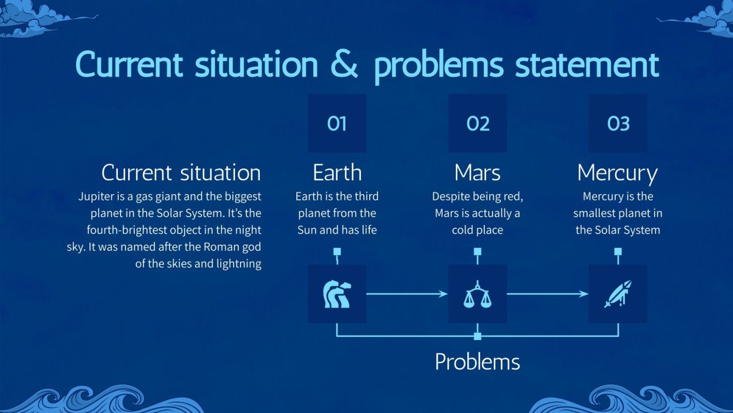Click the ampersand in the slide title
344,64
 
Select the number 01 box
337,123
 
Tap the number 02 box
477,123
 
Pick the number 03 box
618,123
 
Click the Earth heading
337,173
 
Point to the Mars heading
477,173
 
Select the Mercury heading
617,173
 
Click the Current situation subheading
181,173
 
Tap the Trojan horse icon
337,294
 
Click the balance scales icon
477,294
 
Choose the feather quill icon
618,294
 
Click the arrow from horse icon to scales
407,294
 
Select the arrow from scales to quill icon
547,294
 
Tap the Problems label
477,362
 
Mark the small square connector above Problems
477,336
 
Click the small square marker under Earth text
337,252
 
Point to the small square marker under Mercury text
618,252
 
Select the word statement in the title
587,65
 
